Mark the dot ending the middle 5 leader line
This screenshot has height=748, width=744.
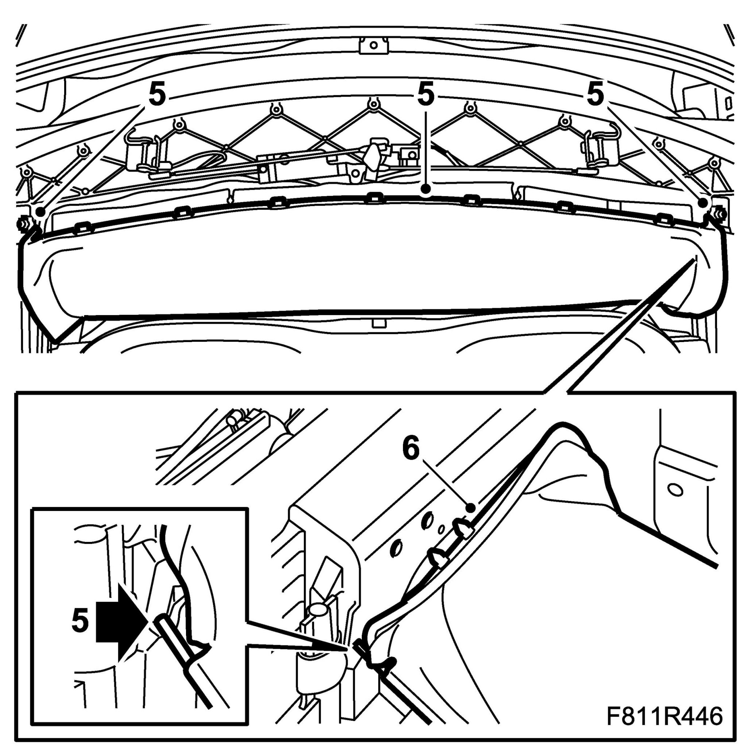(426, 189)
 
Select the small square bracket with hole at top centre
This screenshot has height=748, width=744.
(373, 46)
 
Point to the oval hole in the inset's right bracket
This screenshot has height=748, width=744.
(675, 490)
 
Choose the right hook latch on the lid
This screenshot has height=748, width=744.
(600, 149)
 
